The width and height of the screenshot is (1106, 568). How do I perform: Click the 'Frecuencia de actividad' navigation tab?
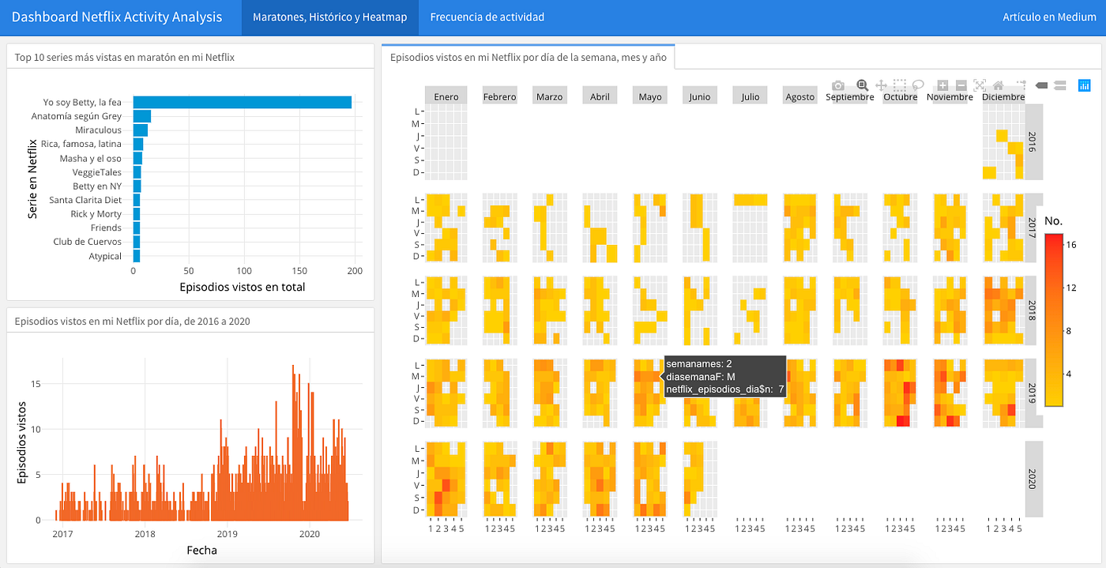(487, 17)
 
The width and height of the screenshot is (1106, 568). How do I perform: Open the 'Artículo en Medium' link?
(1049, 17)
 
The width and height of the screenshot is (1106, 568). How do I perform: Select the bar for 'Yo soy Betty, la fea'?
(243, 102)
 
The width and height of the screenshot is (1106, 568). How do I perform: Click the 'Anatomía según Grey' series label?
(76, 116)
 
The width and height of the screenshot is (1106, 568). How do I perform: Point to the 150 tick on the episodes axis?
(299, 271)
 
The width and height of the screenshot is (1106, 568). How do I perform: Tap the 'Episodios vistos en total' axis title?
(242, 287)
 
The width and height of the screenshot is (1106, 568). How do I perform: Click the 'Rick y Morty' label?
(96, 214)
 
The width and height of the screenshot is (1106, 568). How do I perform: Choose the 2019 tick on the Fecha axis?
(228, 534)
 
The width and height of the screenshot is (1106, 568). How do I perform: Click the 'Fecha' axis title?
(202, 550)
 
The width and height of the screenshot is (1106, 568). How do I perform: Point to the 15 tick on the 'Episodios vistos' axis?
(36, 384)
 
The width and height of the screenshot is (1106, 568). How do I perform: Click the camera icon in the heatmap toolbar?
(838, 85)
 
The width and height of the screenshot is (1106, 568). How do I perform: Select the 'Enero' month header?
(446, 97)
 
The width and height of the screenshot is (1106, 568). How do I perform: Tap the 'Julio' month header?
(750, 97)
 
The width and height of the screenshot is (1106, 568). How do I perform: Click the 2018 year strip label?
(1032, 310)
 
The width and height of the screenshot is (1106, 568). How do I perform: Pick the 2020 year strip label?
(1032, 479)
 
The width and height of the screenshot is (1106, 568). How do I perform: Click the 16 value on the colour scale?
(1071, 244)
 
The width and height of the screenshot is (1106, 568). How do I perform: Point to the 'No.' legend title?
(1053, 220)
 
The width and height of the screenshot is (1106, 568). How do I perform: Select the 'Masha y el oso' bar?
(137, 158)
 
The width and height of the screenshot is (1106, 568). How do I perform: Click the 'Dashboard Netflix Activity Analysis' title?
(117, 17)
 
